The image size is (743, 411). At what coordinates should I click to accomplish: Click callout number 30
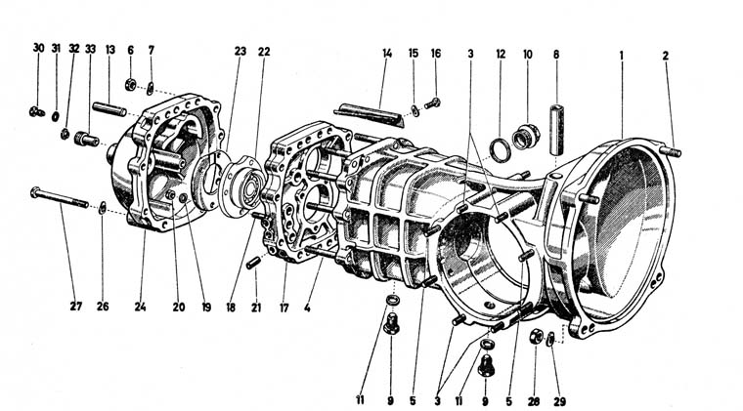pyautogui.click(x=38, y=48)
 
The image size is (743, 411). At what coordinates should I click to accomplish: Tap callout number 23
pyautogui.click(x=240, y=50)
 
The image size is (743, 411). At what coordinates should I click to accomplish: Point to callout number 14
pyautogui.click(x=386, y=51)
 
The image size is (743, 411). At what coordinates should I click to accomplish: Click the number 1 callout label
pyautogui.click(x=621, y=55)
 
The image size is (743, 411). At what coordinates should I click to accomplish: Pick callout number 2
pyautogui.click(x=666, y=56)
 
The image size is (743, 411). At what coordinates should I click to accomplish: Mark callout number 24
pyautogui.click(x=143, y=306)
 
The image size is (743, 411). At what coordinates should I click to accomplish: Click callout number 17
pyautogui.click(x=284, y=306)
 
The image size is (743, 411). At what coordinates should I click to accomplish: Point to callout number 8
pyautogui.click(x=556, y=55)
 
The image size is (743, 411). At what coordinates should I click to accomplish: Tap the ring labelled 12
pyautogui.click(x=498, y=150)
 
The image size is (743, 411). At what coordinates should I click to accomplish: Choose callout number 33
pyautogui.click(x=90, y=48)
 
